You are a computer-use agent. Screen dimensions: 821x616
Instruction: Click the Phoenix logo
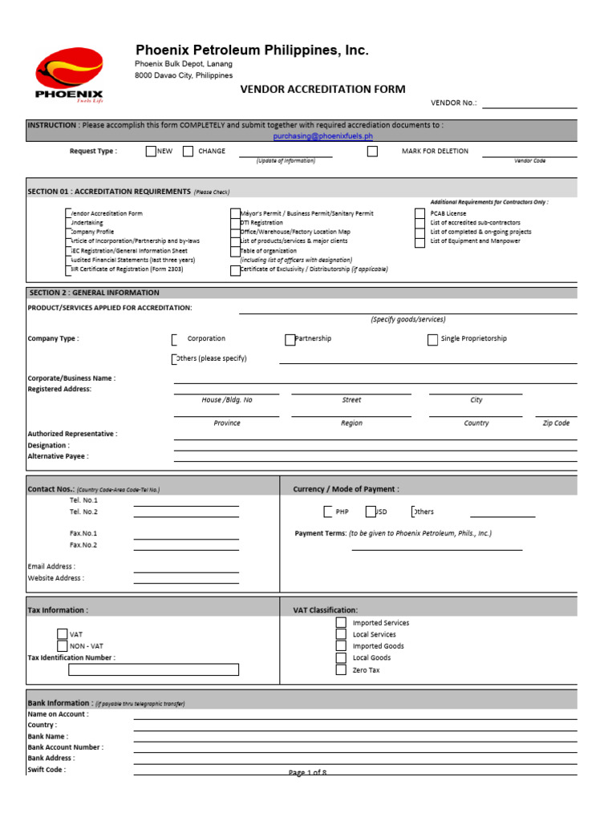click(x=69, y=76)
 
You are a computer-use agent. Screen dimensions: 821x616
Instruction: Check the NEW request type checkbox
click(x=151, y=152)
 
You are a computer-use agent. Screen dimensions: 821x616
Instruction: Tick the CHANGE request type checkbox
click(x=188, y=152)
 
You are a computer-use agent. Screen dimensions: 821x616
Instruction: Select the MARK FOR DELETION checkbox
click(x=372, y=152)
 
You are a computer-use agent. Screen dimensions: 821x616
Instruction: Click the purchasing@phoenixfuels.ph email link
click(x=323, y=136)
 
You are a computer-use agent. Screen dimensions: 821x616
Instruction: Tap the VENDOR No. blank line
click(x=529, y=103)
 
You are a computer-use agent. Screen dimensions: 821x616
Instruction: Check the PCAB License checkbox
click(x=419, y=214)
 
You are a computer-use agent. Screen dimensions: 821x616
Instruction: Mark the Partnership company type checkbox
click(x=290, y=339)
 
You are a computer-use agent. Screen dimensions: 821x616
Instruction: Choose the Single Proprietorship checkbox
click(x=433, y=339)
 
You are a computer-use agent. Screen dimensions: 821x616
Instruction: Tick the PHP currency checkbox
click(x=329, y=512)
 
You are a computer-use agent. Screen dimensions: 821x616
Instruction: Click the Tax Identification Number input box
click(x=153, y=669)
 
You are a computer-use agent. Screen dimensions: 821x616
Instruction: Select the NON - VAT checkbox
click(x=63, y=645)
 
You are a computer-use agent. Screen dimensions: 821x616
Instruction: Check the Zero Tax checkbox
click(x=341, y=669)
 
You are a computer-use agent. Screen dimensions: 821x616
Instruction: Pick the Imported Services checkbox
click(x=341, y=622)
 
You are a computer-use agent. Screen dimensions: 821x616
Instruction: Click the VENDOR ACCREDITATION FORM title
click(x=323, y=89)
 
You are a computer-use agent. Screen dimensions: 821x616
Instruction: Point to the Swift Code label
click(x=47, y=769)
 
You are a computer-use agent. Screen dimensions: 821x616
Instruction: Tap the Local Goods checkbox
click(x=341, y=657)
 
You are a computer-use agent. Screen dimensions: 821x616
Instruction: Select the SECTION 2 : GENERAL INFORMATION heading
click(x=94, y=293)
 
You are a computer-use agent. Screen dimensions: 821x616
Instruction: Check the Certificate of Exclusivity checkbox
click(x=235, y=270)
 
